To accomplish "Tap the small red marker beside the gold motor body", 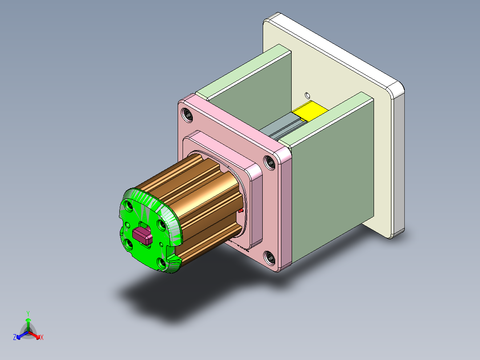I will [241, 210].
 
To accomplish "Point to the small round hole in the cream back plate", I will [307, 95].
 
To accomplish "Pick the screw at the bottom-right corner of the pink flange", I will [269, 257].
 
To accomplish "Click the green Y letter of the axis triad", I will [28, 313].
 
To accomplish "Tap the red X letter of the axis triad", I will [42, 338].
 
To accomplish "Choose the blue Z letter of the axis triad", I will [15, 338].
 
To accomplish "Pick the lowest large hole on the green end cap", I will [162, 263].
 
